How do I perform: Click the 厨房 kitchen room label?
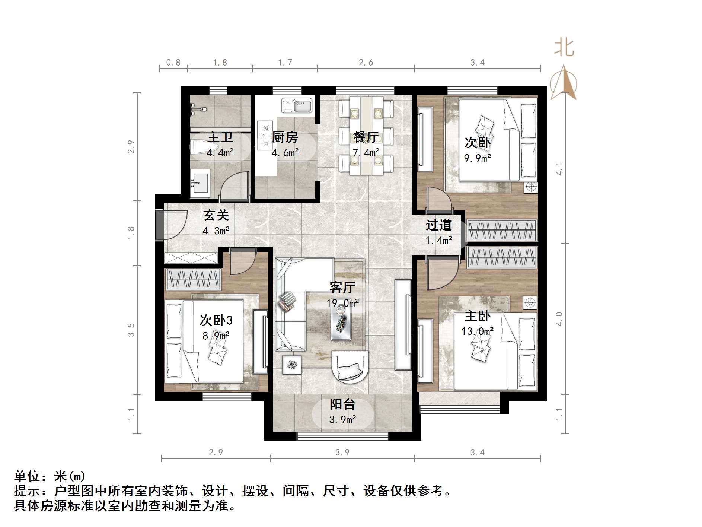pos(285,137)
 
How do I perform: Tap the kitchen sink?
pos(297,105)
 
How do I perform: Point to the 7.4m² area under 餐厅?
pos(366,152)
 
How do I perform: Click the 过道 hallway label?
pos(439,225)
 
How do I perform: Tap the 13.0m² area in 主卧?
pos(478,331)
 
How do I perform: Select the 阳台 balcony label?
pos(342,404)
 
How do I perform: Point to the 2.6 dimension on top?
pos(366,63)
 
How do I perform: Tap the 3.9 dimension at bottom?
pos(342,452)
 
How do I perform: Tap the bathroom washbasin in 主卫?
pos(200,182)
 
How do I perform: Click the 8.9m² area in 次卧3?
pos(216,336)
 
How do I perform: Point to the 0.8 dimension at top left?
pos(173,63)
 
